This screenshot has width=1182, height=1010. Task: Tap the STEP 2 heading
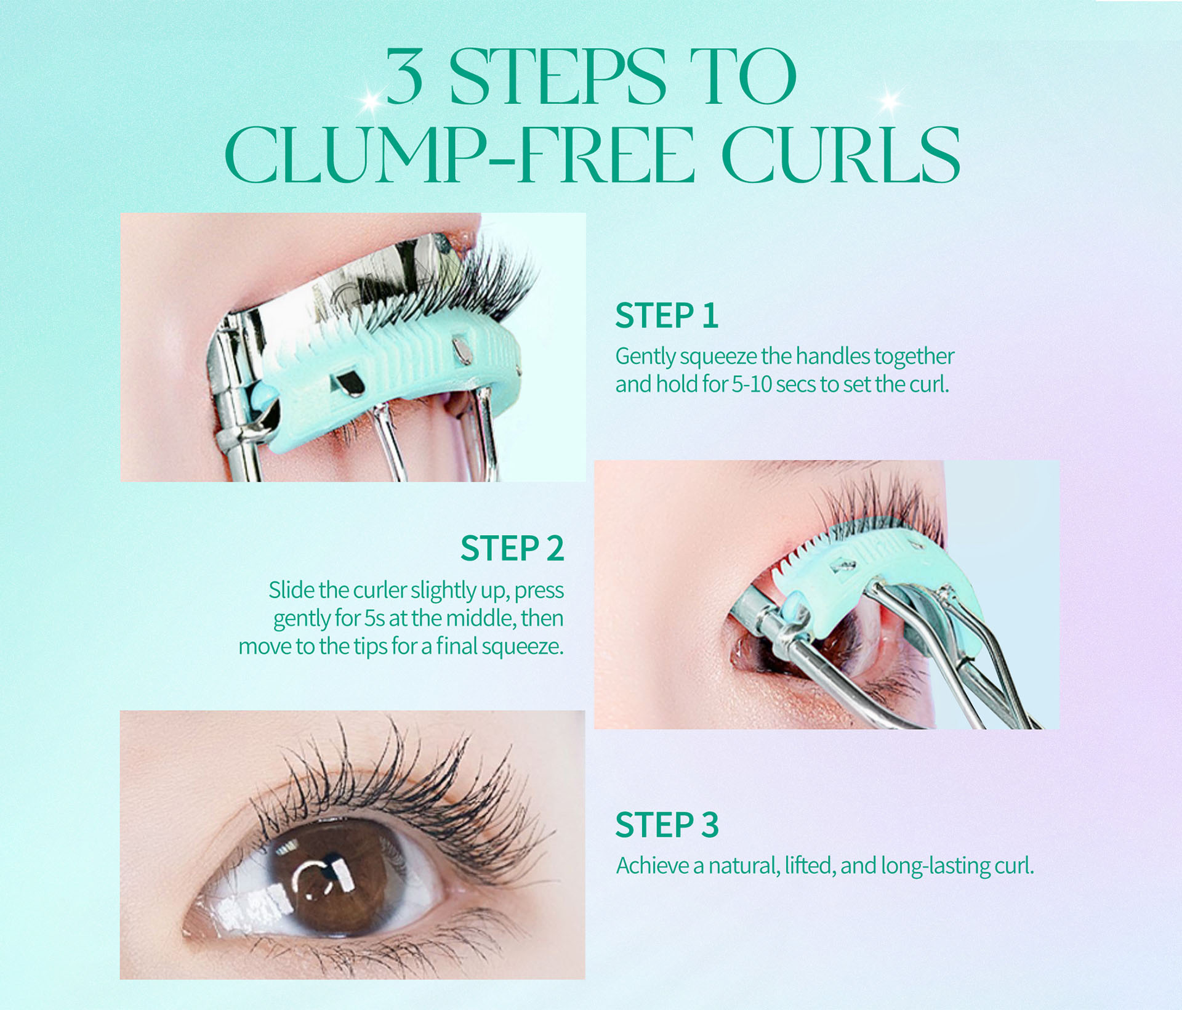(512, 548)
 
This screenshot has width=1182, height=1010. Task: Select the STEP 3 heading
(667, 825)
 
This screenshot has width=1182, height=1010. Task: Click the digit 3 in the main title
(404, 77)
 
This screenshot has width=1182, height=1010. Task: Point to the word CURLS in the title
(841, 155)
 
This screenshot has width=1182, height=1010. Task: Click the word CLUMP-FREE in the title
(460, 155)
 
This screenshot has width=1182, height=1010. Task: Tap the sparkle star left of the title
(371, 102)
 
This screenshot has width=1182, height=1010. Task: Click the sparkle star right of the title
(888, 100)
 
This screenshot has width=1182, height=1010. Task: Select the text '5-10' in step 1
(752, 384)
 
